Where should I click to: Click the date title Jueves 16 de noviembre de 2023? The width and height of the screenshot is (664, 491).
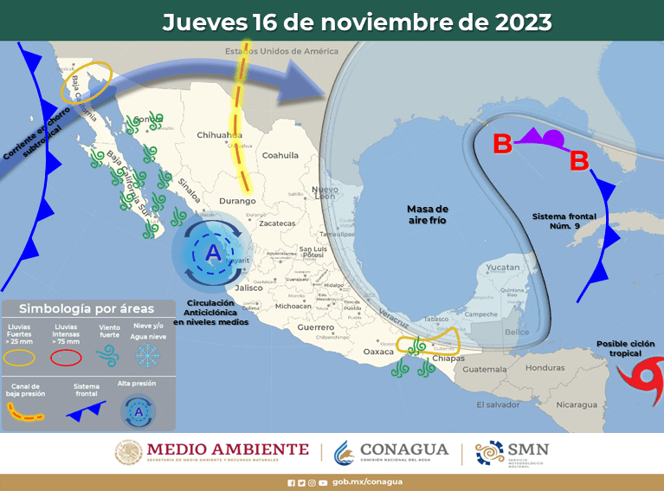click(357, 22)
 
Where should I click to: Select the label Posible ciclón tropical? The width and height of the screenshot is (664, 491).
click(625, 348)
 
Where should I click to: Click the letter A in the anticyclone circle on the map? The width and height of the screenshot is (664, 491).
click(213, 253)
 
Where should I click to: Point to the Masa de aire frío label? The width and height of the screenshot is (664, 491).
click(428, 216)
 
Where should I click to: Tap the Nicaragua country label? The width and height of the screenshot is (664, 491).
click(576, 404)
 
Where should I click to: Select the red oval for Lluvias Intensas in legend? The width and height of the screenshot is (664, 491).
click(67, 356)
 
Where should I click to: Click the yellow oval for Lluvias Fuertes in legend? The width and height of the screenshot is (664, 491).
click(23, 356)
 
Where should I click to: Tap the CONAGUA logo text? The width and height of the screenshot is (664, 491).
click(404, 449)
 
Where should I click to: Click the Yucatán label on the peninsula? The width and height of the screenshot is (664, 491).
click(503, 268)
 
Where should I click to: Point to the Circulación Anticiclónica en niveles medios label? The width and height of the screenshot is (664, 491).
click(210, 313)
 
